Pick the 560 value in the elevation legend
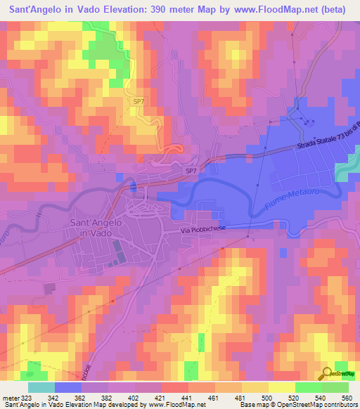(x=345, y=397)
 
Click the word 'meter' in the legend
(x=12, y=397)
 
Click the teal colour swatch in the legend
(x=41, y=387)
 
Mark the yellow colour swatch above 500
(x=281, y=387)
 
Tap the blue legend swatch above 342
(x=67, y=387)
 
